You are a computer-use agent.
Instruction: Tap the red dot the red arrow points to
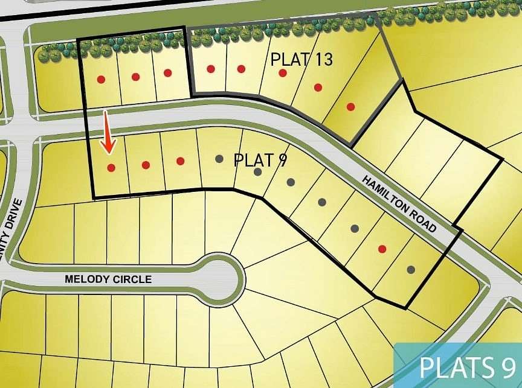coord(111,167)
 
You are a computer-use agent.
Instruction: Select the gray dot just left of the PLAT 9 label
coord(219,159)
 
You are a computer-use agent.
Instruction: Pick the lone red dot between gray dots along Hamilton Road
coord(382,249)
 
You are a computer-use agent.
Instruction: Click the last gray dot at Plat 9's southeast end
coord(411,269)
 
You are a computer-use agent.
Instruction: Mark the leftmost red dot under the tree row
coord(101,78)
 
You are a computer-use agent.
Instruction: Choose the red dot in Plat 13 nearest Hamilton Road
coord(351,107)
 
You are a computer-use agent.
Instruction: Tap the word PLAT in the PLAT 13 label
coord(289,59)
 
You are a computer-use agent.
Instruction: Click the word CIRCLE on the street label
coord(130,280)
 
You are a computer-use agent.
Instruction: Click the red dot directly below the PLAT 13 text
coord(282,73)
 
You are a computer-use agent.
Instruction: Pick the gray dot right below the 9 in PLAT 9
coord(291,182)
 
